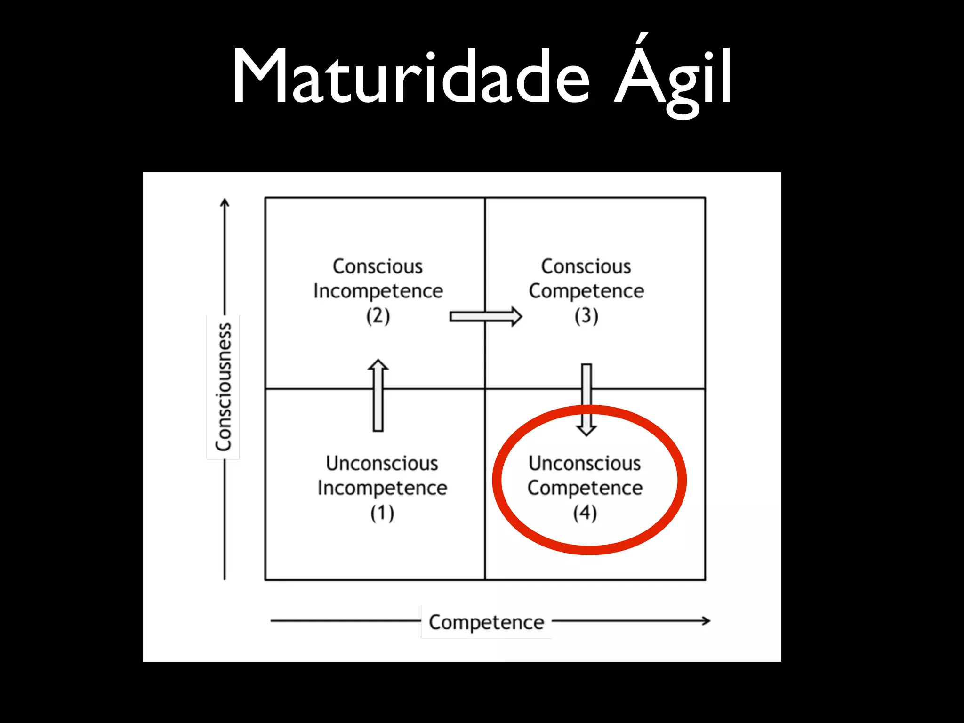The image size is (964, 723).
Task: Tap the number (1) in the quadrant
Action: coord(382,513)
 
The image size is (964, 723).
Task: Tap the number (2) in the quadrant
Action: coord(378,316)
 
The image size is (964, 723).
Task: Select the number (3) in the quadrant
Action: coord(586,316)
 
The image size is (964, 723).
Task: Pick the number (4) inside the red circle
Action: coord(585,513)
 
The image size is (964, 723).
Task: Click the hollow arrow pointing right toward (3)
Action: coord(485,316)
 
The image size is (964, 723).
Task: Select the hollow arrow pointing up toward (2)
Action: coord(378,395)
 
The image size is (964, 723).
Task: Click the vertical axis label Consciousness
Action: coord(224,387)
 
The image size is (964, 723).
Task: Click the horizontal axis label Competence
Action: coord(486,622)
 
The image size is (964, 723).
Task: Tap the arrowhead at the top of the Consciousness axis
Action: coord(225,202)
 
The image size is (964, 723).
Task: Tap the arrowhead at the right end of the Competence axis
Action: coord(706,621)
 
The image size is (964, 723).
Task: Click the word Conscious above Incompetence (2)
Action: coord(378,266)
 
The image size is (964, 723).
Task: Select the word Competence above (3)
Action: coord(586,291)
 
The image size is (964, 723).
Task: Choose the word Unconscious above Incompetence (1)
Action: coord(382,463)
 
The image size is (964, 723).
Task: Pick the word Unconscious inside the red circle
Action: coord(585,463)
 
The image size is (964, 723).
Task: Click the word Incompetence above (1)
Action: coord(382,488)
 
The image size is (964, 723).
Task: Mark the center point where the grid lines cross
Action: coord(485,389)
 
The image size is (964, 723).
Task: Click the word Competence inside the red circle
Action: coord(585,488)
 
